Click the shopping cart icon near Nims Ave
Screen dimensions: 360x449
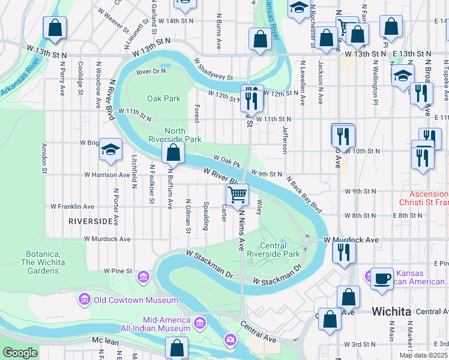click(x=237, y=194)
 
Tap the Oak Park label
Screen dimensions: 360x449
click(x=164, y=98)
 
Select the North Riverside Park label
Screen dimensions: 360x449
click(x=183, y=135)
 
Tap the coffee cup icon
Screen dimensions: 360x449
click(x=382, y=278)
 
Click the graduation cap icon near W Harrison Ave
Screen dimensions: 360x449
click(x=110, y=150)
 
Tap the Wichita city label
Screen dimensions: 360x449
click(x=391, y=311)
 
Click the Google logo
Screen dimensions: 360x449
click(x=20, y=353)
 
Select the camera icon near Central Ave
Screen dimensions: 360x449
click(x=231, y=341)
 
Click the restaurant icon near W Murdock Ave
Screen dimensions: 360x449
click(x=344, y=251)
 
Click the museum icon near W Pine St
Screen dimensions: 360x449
click(x=143, y=277)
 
